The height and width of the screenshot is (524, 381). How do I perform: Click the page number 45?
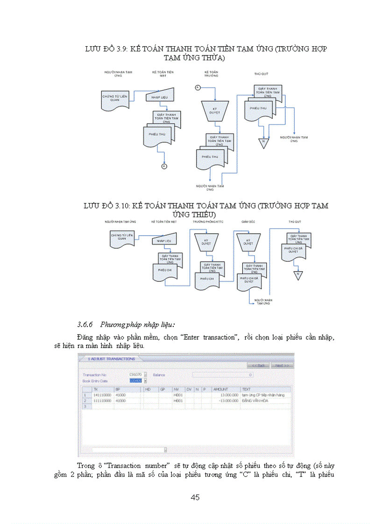click(195, 497)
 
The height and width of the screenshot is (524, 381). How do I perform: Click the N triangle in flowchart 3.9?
click(263, 141)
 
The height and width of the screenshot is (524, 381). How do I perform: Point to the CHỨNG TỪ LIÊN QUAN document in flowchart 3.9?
click(114, 98)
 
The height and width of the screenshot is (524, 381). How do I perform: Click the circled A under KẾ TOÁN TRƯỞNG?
click(197, 87)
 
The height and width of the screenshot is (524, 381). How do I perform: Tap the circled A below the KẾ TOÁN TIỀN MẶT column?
click(164, 166)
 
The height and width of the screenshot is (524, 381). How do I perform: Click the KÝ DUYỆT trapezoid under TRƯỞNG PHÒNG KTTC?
click(206, 243)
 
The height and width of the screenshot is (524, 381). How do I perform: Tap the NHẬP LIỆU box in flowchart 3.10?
click(163, 241)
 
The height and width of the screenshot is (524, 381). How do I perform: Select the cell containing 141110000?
click(101, 395)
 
